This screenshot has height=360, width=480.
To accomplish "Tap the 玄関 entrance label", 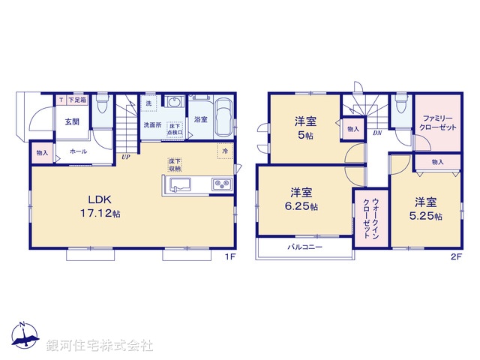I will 72,121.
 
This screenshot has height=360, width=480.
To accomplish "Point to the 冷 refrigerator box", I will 225,151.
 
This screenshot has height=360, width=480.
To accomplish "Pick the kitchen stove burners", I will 221,184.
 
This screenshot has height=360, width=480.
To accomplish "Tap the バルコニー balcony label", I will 303,247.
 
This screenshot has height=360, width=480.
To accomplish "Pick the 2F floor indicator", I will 455,256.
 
